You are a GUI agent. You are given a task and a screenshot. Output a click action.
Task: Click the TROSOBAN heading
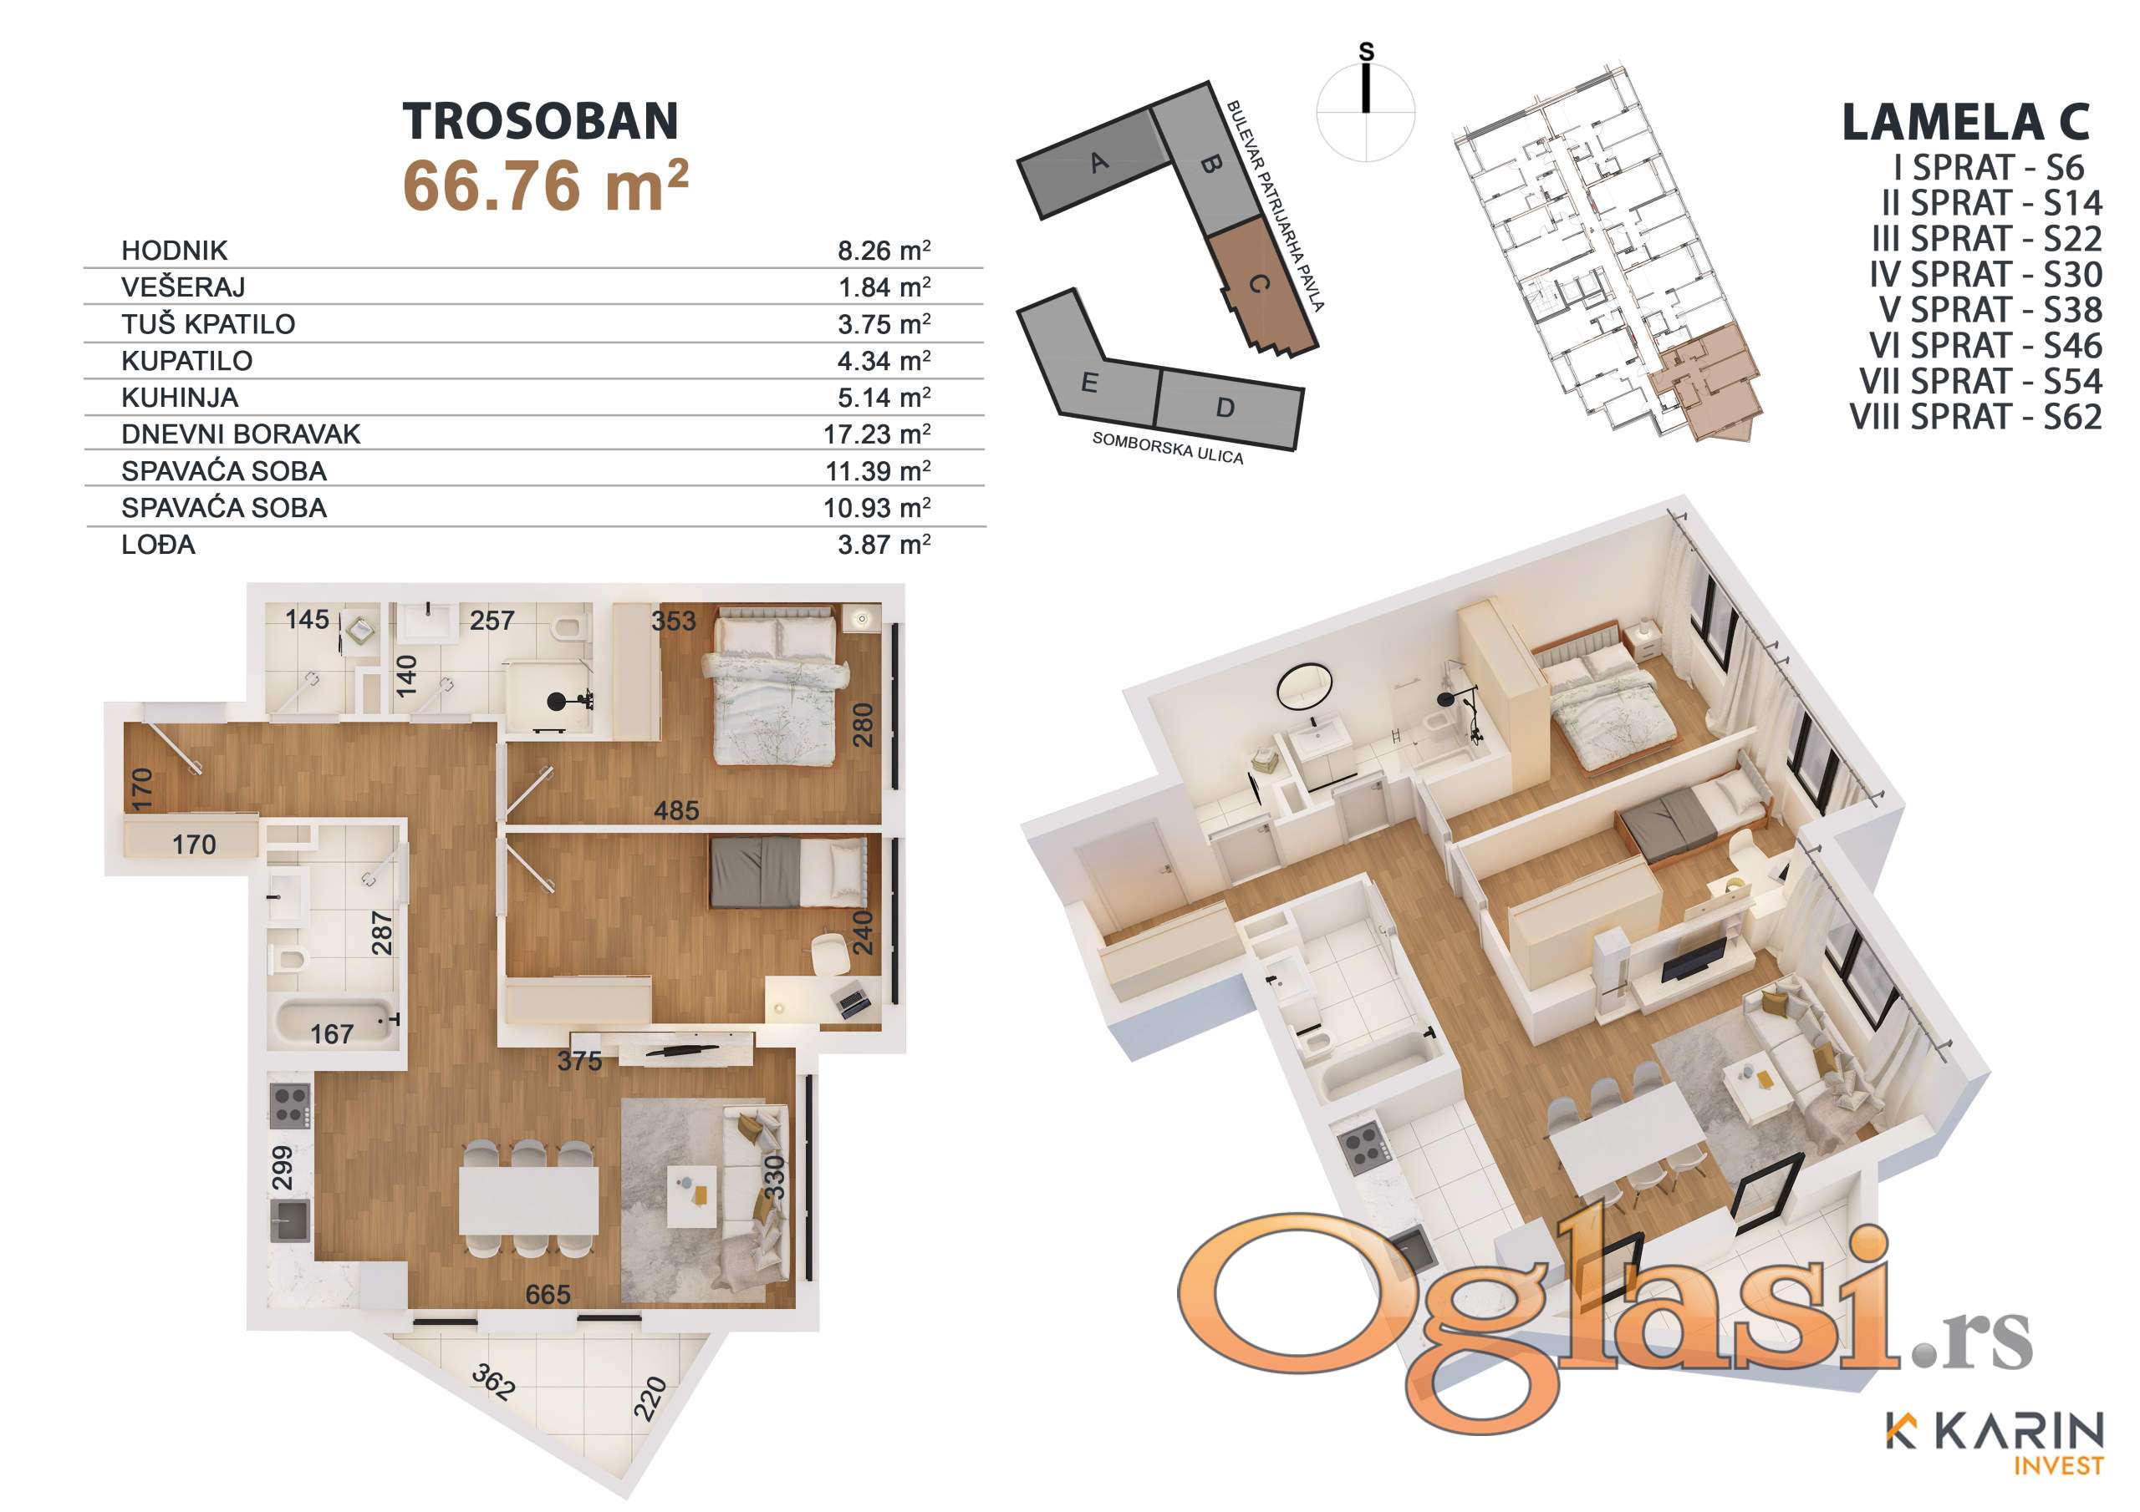click(x=541, y=121)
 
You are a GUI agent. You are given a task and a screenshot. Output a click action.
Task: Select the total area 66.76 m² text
click(x=545, y=185)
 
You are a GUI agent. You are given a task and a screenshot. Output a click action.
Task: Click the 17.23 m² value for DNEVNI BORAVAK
click(x=877, y=434)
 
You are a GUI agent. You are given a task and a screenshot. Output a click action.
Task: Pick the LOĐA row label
click(x=159, y=544)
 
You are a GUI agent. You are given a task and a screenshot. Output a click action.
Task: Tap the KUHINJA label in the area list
click(x=180, y=398)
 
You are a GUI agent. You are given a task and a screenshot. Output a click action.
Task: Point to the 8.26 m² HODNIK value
click(x=884, y=251)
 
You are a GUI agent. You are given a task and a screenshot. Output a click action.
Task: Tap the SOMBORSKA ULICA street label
click(x=1168, y=448)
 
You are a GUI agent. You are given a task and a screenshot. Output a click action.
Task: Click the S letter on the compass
click(x=1367, y=52)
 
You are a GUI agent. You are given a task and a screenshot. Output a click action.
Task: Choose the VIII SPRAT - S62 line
click(x=1976, y=417)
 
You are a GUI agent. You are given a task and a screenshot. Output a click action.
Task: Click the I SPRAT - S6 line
click(x=1989, y=168)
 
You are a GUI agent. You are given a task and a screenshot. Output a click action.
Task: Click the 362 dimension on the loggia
click(x=493, y=1382)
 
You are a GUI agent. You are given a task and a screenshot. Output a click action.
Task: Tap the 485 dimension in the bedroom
click(x=675, y=810)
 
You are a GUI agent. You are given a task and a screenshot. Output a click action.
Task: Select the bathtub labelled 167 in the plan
click(x=334, y=1025)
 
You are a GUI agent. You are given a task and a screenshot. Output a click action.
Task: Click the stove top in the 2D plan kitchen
click(x=291, y=1107)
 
